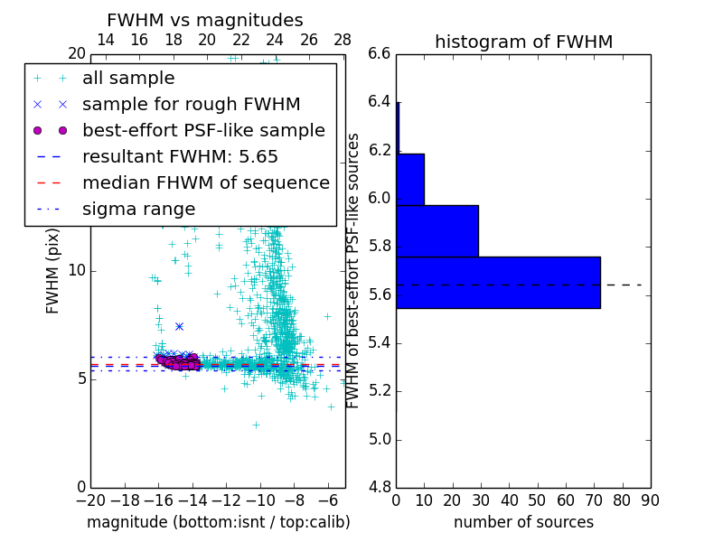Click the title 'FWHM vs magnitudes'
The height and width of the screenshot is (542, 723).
[x=205, y=20]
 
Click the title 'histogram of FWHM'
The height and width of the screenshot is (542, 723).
[x=523, y=42]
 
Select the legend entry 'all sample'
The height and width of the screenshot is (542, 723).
[x=128, y=79]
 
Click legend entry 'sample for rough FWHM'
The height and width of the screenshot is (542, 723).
[x=191, y=105]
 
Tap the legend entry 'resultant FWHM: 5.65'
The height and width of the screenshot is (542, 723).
[x=180, y=157]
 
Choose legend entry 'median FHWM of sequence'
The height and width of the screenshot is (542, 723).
[x=205, y=183]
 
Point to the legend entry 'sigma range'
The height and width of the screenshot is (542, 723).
[x=138, y=210]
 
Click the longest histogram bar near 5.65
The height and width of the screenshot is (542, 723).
[x=498, y=283]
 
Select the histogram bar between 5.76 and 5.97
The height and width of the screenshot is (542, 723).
[x=437, y=231]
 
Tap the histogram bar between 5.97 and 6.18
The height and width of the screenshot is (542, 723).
[x=410, y=180]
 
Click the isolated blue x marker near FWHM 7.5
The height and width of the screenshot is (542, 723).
[x=179, y=326]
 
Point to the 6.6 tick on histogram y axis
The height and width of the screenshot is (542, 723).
[x=379, y=53]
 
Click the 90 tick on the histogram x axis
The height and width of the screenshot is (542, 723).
[x=650, y=500]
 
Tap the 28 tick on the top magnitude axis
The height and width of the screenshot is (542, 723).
[x=343, y=40]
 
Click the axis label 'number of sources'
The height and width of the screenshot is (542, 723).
[x=523, y=522]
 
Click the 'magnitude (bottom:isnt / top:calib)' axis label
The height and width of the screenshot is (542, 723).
[x=218, y=522]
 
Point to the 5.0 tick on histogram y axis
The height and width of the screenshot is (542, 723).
[x=379, y=440]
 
